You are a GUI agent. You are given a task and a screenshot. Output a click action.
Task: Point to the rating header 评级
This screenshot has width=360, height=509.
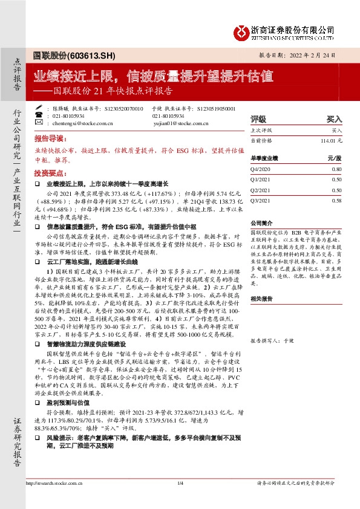tap(258, 120)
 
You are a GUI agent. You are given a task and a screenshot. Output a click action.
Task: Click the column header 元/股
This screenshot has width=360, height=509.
tap(334, 158)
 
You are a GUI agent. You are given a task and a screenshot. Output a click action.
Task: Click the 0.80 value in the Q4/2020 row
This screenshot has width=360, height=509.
tap(336, 170)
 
